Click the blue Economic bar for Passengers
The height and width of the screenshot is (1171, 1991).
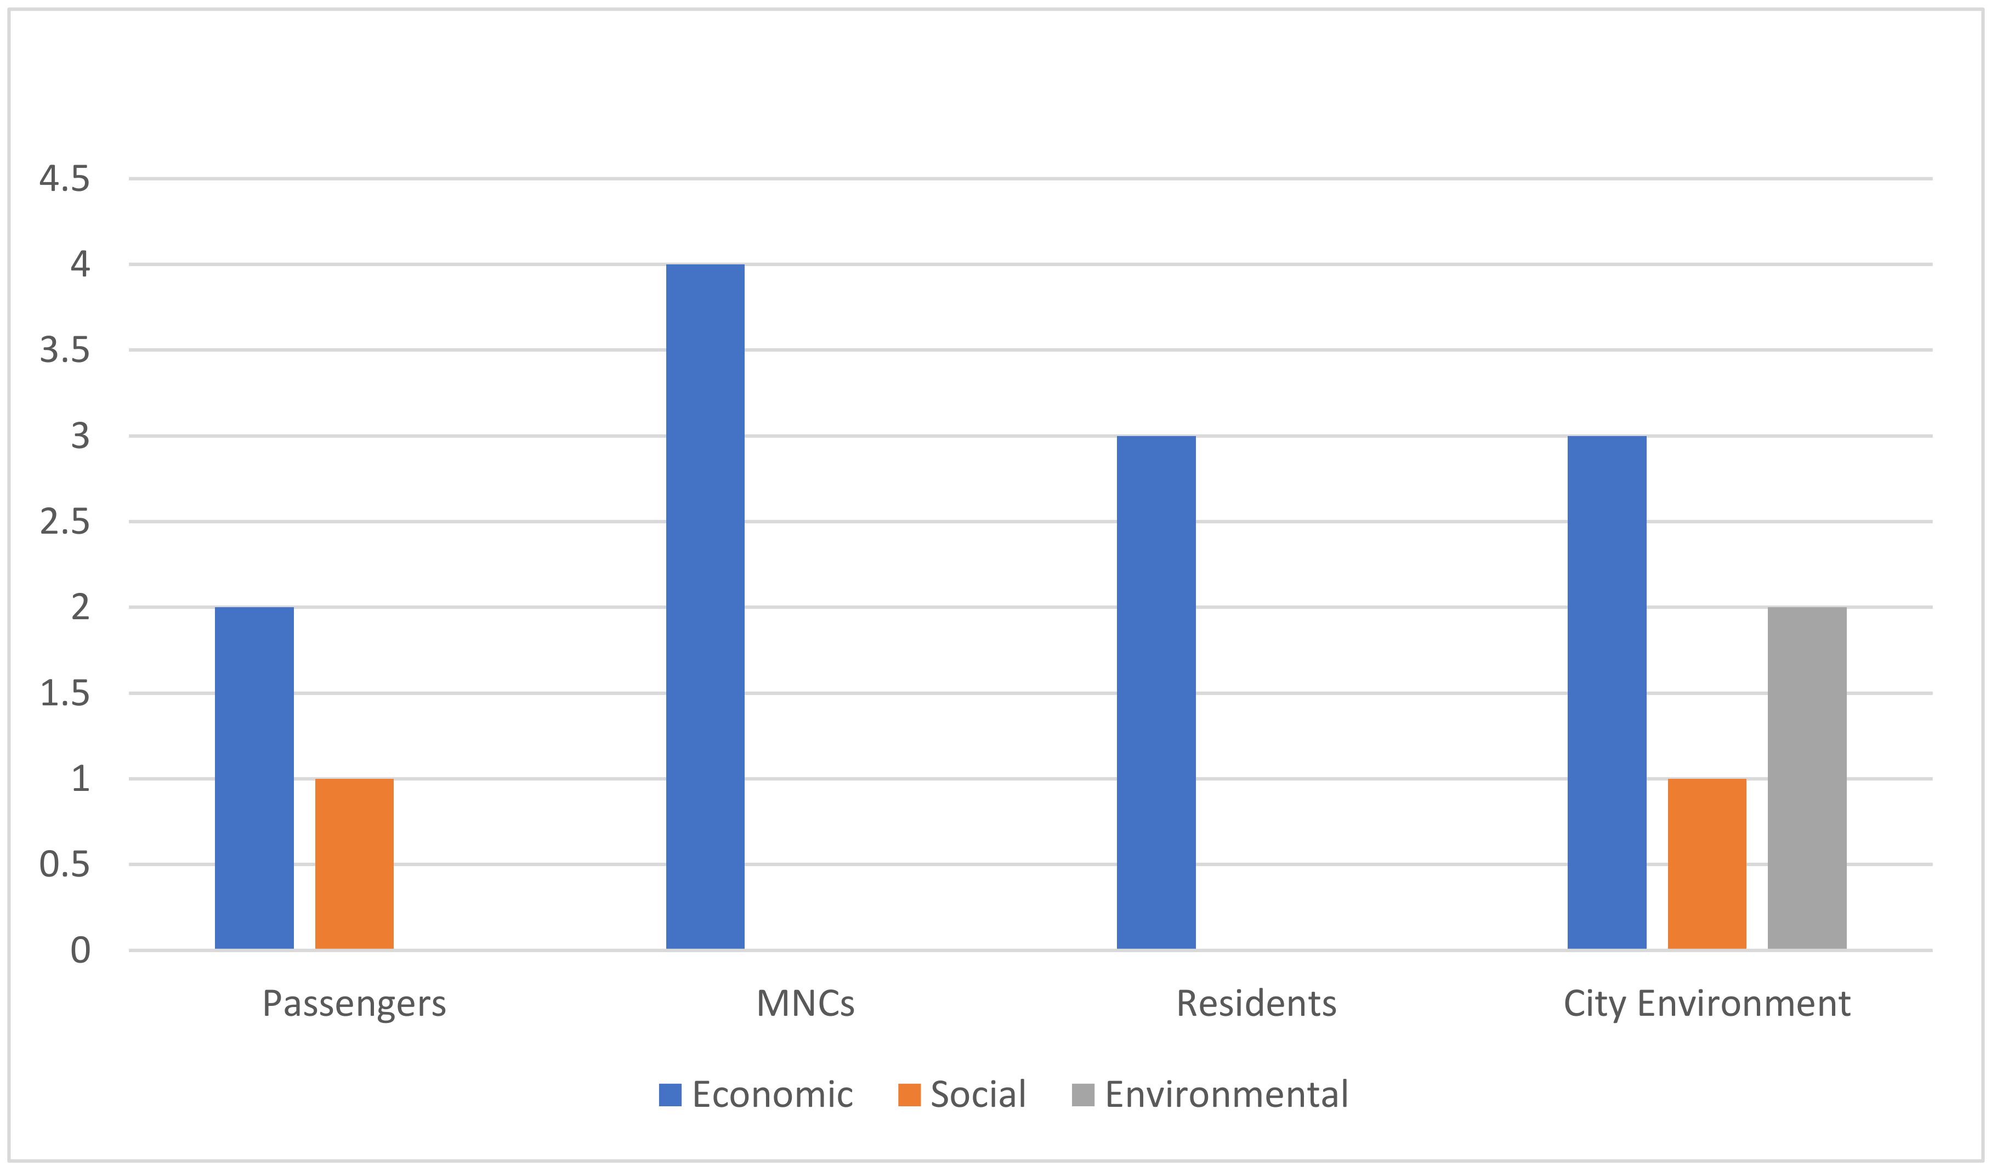pos(254,778)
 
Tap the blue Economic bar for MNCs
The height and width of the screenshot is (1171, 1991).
pos(705,606)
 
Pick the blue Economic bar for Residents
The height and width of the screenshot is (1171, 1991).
pos(1156,692)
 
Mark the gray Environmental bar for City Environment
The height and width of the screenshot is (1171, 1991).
pos(1807,778)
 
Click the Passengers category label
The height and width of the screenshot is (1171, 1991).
pos(354,1004)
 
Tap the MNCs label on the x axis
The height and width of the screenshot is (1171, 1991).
pos(805,1004)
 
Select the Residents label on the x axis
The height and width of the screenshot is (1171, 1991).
pos(1256,1004)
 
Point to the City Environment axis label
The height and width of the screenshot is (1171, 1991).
pos(1706,1004)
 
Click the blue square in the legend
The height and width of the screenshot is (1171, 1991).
pos(670,1094)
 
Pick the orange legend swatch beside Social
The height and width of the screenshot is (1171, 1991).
pos(909,1094)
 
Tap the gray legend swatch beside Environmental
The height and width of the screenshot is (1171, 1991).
pos(1082,1094)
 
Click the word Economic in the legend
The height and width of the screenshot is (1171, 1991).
pos(772,1094)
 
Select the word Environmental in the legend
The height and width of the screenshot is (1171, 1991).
pos(1226,1094)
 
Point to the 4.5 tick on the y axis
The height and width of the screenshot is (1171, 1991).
pos(65,179)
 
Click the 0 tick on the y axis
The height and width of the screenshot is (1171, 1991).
pos(80,950)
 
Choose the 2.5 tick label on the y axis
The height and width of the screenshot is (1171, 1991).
pos(65,522)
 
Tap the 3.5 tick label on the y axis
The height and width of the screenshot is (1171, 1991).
pos(65,350)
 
